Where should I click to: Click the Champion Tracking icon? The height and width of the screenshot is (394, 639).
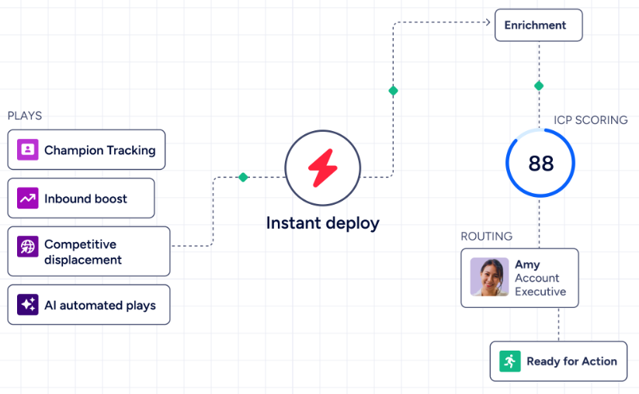pos(28,150)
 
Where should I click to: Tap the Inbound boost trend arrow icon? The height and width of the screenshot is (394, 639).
pos(28,198)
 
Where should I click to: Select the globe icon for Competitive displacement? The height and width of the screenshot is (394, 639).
pos(28,247)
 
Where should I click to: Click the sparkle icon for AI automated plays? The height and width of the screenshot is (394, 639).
pos(28,305)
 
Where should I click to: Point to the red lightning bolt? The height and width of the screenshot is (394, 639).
pos(323,168)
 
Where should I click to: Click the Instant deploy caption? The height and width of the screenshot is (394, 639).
pos(323,223)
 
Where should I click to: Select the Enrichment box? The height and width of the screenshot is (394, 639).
pos(539,26)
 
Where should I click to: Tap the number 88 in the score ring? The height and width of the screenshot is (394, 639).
pos(541,164)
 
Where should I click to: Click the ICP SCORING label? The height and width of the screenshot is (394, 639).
pos(591,120)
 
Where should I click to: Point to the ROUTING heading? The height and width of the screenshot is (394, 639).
pos(487,236)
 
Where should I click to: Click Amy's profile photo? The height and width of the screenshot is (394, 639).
pos(489,277)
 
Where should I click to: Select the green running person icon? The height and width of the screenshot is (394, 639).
pos(510,361)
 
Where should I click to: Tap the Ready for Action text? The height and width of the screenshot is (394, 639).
pos(571,361)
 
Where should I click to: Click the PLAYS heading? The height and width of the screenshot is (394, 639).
pos(24,116)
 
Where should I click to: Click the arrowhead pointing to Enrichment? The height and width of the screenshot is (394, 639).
pos(488,22)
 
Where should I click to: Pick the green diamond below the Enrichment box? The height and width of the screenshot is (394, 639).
pos(539,86)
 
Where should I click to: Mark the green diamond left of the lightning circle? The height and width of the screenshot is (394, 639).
pos(243,177)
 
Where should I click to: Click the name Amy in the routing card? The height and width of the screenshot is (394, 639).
pos(527,264)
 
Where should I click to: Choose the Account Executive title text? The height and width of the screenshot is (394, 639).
pos(540,285)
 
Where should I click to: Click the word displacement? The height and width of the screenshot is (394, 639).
pos(83,260)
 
